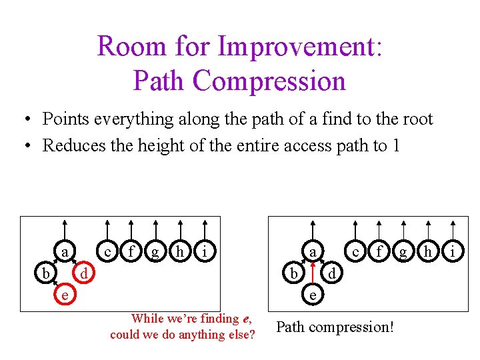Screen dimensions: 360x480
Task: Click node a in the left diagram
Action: click(x=64, y=251)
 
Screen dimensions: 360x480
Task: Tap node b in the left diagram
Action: click(x=45, y=273)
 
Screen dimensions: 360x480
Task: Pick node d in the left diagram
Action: click(x=83, y=273)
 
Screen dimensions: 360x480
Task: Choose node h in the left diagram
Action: click(x=179, y=251)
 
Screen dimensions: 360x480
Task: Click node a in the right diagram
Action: click(x=312, y=251)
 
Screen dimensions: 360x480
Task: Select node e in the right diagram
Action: click(x=312, y=293)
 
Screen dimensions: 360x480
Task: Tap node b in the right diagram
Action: click(x=293, y=273)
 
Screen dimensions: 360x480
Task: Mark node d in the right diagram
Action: click(x=331, y=273)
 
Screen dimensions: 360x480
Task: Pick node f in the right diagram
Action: click(x=379, y=251)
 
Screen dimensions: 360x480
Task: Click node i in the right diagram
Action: click(x=452, y=251)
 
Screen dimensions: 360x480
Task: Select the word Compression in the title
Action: click(x=269, y=81)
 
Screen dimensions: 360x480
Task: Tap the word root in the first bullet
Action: click(x=416, y=119)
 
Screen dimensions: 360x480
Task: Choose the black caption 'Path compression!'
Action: click(x=335, y=327)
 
